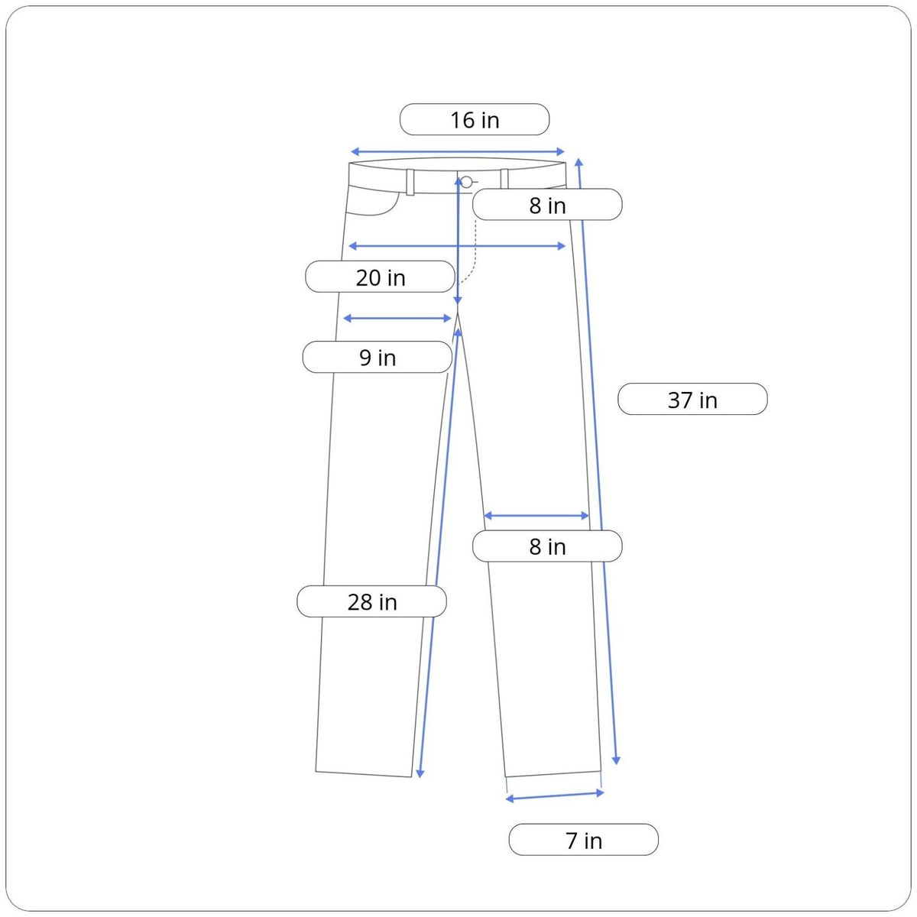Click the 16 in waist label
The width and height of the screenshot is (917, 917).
coord(475,119)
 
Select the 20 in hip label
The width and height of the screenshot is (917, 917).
coord(381,277)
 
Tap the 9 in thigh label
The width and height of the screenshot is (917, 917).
coord(377,357)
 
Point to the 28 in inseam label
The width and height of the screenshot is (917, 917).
coord(371,601)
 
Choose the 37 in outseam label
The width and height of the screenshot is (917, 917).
coord(692,399)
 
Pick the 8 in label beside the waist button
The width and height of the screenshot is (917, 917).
coord(547,205)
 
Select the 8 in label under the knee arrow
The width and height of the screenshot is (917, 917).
coord(547,546)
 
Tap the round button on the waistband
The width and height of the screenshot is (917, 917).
coord(467,182)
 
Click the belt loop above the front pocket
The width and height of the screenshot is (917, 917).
coord(410,182)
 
